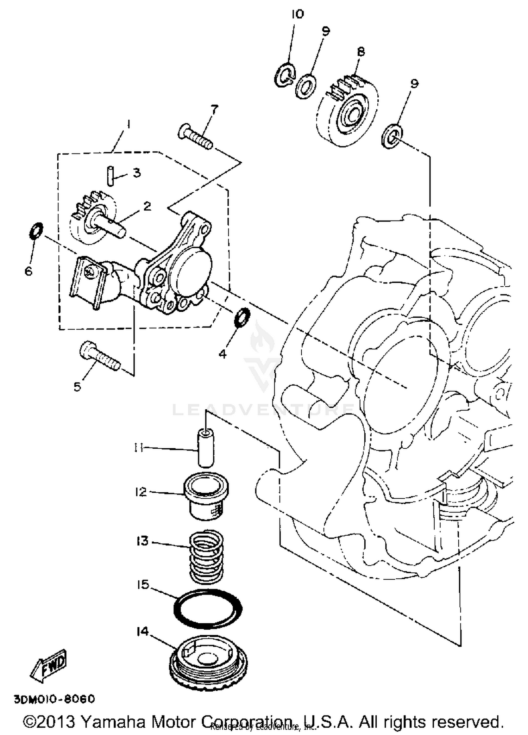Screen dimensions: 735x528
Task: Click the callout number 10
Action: pos(297,14)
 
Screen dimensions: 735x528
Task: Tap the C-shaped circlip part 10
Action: pos(284,74)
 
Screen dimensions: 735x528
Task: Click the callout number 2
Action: pos(147,206)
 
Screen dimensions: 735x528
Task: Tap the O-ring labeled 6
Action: pos(35,230)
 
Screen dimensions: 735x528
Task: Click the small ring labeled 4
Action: pos(242,317)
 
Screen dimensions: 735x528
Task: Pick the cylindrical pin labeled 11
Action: pos(206,448)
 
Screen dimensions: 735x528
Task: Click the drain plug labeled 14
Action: pos(208,662)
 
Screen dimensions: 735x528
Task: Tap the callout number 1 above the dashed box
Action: pos(128,125)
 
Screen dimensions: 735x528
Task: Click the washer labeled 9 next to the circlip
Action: pos(306,86)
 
